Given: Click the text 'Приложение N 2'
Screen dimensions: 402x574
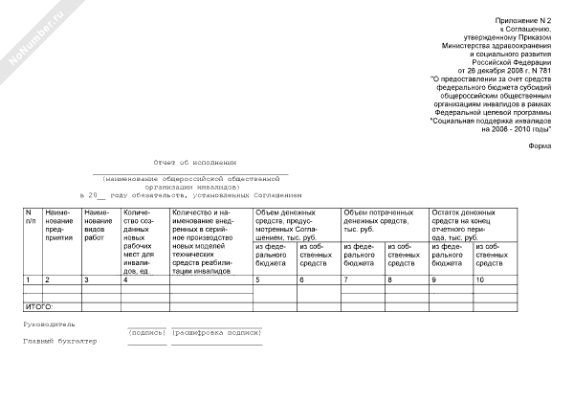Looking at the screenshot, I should pyautogui.click(x=523, y=20).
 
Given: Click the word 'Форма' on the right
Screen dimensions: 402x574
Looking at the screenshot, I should pyautogui.click(x=540, y=145).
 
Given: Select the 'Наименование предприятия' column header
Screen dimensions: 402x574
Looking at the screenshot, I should pyautogui.click(x=61, y=224).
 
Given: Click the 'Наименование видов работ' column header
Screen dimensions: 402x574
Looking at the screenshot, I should pyautogui.click(x=99, y=224).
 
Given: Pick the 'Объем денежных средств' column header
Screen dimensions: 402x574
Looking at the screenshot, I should pyautogui.click(x=296, y=224).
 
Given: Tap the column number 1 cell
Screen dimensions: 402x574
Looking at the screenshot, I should pyautogui.click(x=28, y=279).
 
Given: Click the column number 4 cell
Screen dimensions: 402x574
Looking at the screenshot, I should pyautogui.click(x=126, y=279).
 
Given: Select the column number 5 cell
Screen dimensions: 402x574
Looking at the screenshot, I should pyautogui.click(x=257, y=279).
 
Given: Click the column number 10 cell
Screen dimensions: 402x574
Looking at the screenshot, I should pyautogui.click(x=479, y=279).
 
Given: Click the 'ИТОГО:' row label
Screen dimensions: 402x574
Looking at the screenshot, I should pyautogui.click(x=37, y=306).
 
